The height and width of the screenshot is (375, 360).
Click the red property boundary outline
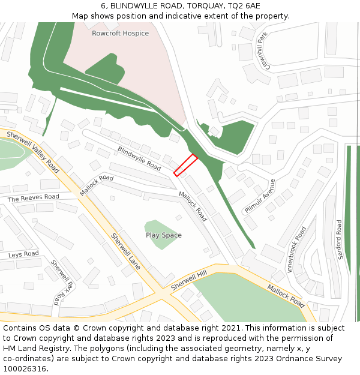point(185,165)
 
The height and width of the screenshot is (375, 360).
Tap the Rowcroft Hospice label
point(120,34)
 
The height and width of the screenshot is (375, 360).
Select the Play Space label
point(163,235)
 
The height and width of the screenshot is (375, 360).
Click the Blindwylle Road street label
point(139,158)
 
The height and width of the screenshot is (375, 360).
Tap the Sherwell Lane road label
point(125,251)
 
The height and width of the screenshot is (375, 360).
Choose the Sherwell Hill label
point(188,280)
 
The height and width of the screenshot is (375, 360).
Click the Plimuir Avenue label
point(260,196)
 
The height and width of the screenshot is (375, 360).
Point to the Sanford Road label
point(340,239)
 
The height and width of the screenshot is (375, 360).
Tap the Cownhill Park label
point(261,51)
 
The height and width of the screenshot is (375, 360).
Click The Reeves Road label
point(34,197)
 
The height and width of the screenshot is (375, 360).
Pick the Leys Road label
point(23,254)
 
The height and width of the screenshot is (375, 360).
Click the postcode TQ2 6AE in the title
point(244,5)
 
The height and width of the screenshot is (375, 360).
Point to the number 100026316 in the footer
point(25,368)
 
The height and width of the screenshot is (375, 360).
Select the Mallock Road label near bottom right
point(286,292)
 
